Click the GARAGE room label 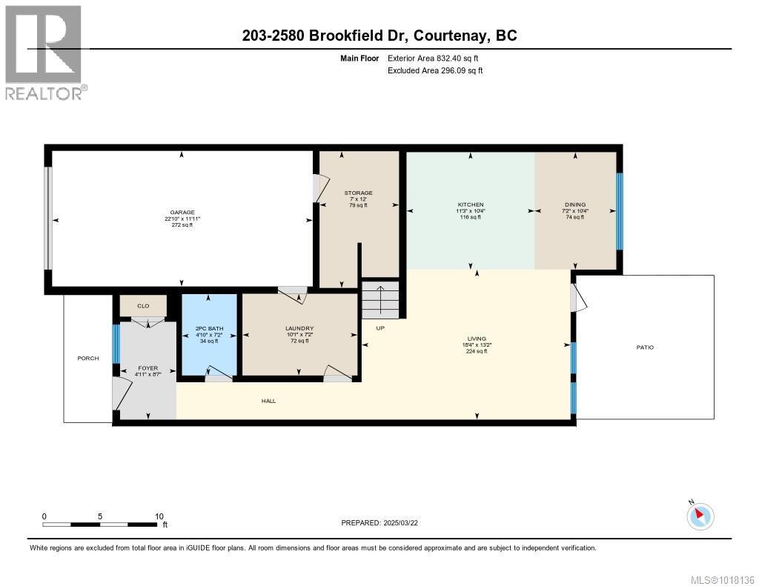[x=182, y=212]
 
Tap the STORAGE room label [x=358, y=193]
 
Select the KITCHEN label [x=470, y=204]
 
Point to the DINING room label [x=574, y=204]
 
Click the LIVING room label [x=477, y=339]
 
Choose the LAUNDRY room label [x=299, y=329]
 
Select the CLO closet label [x=143, y=305]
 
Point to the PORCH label [x=88, y=359]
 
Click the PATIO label [x=645, y=347]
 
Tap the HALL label [x=268, y=401]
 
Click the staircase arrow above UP [x=380, y=299]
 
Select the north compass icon [x=700, y=516]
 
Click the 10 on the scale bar [x=159, y=516]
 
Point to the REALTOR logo [x=44, y=52]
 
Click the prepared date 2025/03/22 [x=400, y=522]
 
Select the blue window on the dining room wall [x=620, y=210]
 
